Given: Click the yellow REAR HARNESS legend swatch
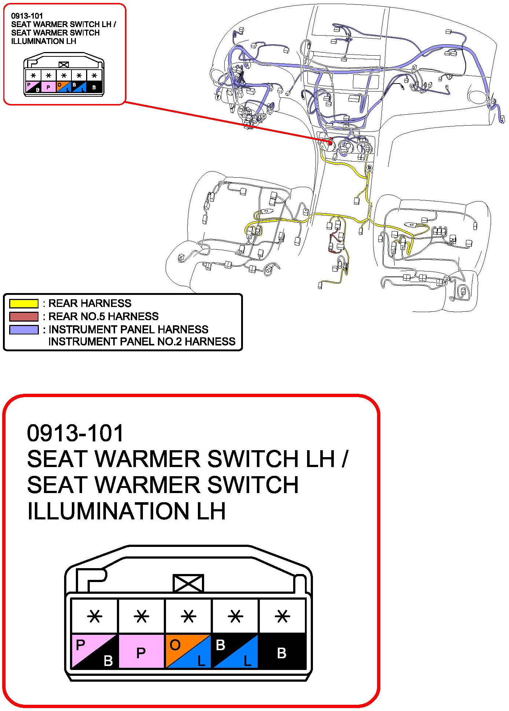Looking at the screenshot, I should click(x=24, y=303).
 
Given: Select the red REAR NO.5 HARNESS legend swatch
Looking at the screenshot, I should click(x=24, y=316).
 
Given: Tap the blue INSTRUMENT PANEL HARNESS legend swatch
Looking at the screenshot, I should click(x=24, y=330).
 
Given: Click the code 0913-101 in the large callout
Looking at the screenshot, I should click(x=75, y=433).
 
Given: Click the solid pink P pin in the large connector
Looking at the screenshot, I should click(x=141, y=651).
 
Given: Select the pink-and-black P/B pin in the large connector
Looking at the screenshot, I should click(x=95, y=651).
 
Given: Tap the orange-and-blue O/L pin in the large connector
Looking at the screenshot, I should click(x=188, y=651).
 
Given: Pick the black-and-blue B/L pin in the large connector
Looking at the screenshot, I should click(x=235, y=651).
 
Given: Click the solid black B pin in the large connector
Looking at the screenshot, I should click(x=282, y=651).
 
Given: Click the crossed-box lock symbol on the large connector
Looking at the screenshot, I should click(x=188, y=583).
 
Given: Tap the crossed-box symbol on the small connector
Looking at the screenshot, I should click(x=64, y=65).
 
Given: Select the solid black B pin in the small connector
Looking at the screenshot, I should click(x=94, y=87).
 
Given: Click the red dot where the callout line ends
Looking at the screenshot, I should click(x=330, y=143).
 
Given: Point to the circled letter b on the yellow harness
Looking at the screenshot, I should click(x=369, y=168).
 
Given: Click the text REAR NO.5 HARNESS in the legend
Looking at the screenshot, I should click(x=104, y=316).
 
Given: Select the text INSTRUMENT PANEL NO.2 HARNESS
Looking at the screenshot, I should click(x=142, y=341).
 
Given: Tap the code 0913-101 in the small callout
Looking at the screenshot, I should click(x=27, y=16).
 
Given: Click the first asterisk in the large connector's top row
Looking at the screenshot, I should click(x=95, y=616).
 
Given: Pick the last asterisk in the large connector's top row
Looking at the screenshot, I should click(x=282, y=616).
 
